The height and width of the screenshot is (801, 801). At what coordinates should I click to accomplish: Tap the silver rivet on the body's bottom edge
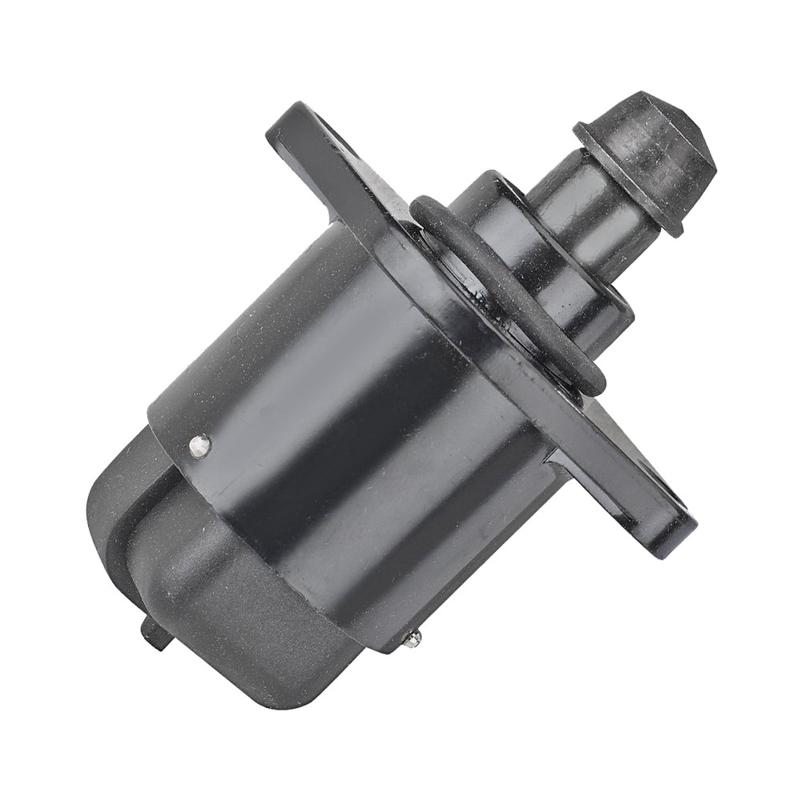tap(413, 638)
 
